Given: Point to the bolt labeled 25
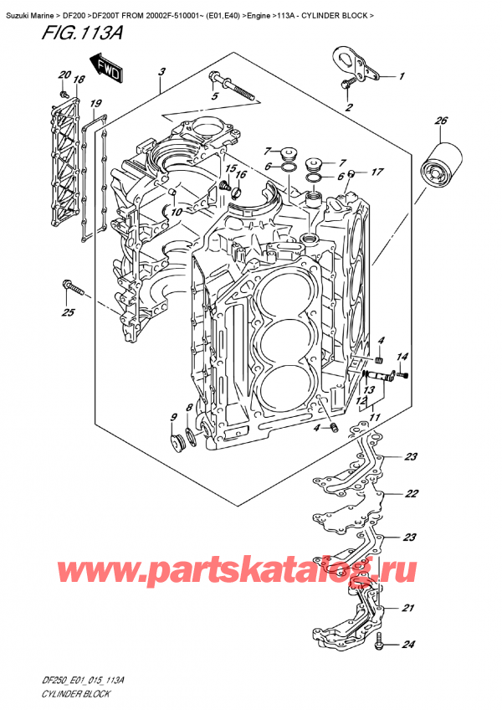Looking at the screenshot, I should pos(73,290).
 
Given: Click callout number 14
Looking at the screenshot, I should pos(401,358).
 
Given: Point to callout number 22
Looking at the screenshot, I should pos(411,494).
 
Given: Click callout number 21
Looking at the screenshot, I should pos(407,608).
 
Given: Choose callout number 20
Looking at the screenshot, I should pos(63,76).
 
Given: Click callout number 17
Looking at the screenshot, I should pos(377,173).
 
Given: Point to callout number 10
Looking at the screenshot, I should pos(175,213).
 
